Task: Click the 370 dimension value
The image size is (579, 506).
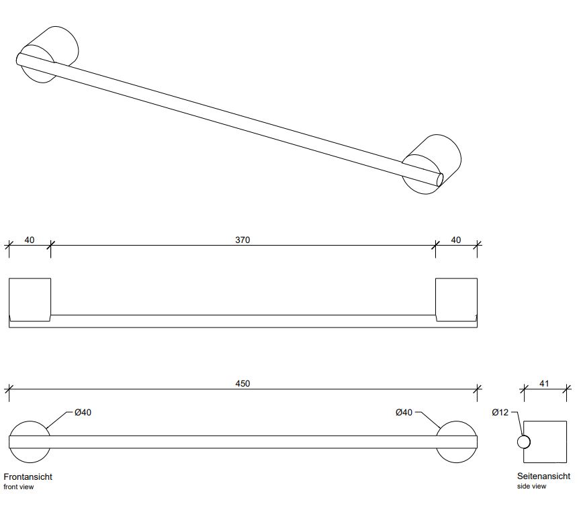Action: point(242,240)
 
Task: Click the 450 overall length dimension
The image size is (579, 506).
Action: point(242,384)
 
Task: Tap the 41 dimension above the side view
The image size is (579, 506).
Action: point(544,384)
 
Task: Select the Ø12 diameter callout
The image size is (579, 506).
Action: point(500,412)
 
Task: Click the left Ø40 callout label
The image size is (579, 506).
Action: point(83,412)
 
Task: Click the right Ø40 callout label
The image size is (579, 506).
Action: point(404,412)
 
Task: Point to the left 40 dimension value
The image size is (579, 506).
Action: point(30,240)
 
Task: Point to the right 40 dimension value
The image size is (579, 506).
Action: point(456,240)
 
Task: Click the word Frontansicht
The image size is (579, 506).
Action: point(28,476)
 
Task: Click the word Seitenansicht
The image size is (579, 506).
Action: point(543,476)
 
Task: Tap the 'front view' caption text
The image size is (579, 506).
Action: point(18,487)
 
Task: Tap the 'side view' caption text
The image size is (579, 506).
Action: point(531,487)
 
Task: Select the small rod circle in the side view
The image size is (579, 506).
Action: point(524,442)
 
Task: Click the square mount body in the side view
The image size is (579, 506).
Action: point(545,442)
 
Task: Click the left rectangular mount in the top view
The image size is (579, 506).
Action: point(30,299)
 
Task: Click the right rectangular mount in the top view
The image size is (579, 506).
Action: point(456,299)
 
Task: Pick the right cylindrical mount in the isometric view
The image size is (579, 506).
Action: point(431,164)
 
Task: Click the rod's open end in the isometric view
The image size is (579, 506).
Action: point(440,180)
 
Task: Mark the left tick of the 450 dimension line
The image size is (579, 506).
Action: point(9,389)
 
